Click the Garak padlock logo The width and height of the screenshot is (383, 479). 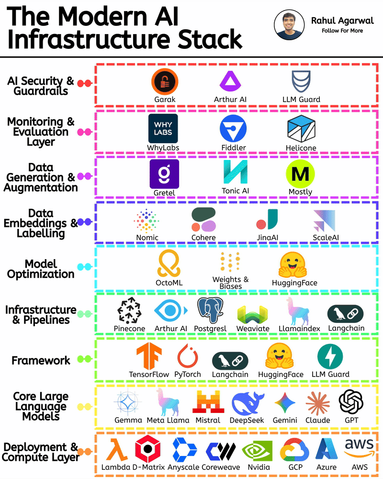click(x=165, y=81)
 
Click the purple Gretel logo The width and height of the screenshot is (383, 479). click(x=164, y=174)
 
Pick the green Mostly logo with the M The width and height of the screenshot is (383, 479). click(x=300, y=174)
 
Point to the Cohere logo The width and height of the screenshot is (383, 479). click(x=203, y=220)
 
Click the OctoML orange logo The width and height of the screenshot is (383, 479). click(x=169, y=265)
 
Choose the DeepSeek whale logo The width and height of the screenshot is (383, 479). click(x=247, y=403)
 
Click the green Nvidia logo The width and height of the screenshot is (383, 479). click(x=259, y=451)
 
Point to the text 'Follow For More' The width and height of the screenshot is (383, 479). click(x=342, y=31)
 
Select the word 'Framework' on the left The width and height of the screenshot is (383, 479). click(x=41, y=360)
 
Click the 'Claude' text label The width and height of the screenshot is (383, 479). click(x=317, y=420)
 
